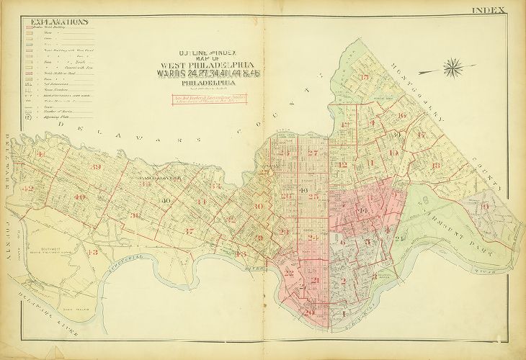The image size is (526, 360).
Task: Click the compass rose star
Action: (453, 68)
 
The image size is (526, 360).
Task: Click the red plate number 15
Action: (365, 77)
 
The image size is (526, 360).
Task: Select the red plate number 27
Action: (313, 153)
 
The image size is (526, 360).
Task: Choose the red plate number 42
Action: (29, 189)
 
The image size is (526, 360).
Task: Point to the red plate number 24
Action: (312, 238)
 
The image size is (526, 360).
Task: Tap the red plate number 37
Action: (188, 231)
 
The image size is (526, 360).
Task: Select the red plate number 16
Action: (402, 115)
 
